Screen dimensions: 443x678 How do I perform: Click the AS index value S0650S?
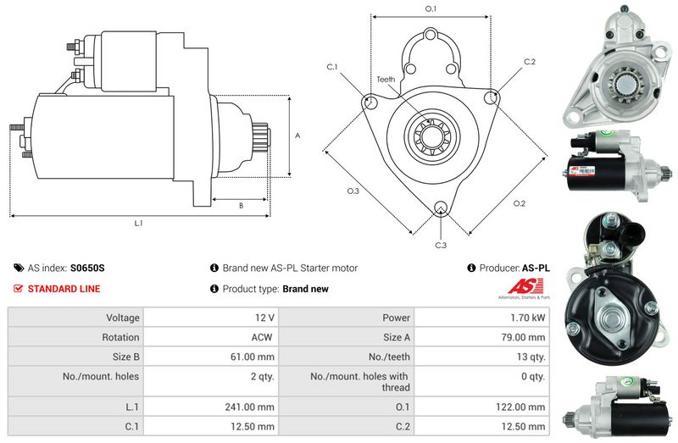point(87,268)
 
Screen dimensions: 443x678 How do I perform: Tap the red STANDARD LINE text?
point(64,289)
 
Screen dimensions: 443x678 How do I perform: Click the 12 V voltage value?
point(264,318)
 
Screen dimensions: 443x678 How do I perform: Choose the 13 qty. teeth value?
point(526,357)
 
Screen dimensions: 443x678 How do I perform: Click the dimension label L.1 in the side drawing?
point(139,224)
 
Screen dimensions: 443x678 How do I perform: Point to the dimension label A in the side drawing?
point(297,136)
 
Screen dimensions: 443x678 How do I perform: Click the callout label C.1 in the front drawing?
point(332,66)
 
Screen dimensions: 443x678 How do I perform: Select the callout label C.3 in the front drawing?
point(441,246)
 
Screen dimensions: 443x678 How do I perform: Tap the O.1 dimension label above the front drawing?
point(430,8)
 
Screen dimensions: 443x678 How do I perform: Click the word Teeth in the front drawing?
point(386,80)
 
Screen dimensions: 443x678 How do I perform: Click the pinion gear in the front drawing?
point(431,136)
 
